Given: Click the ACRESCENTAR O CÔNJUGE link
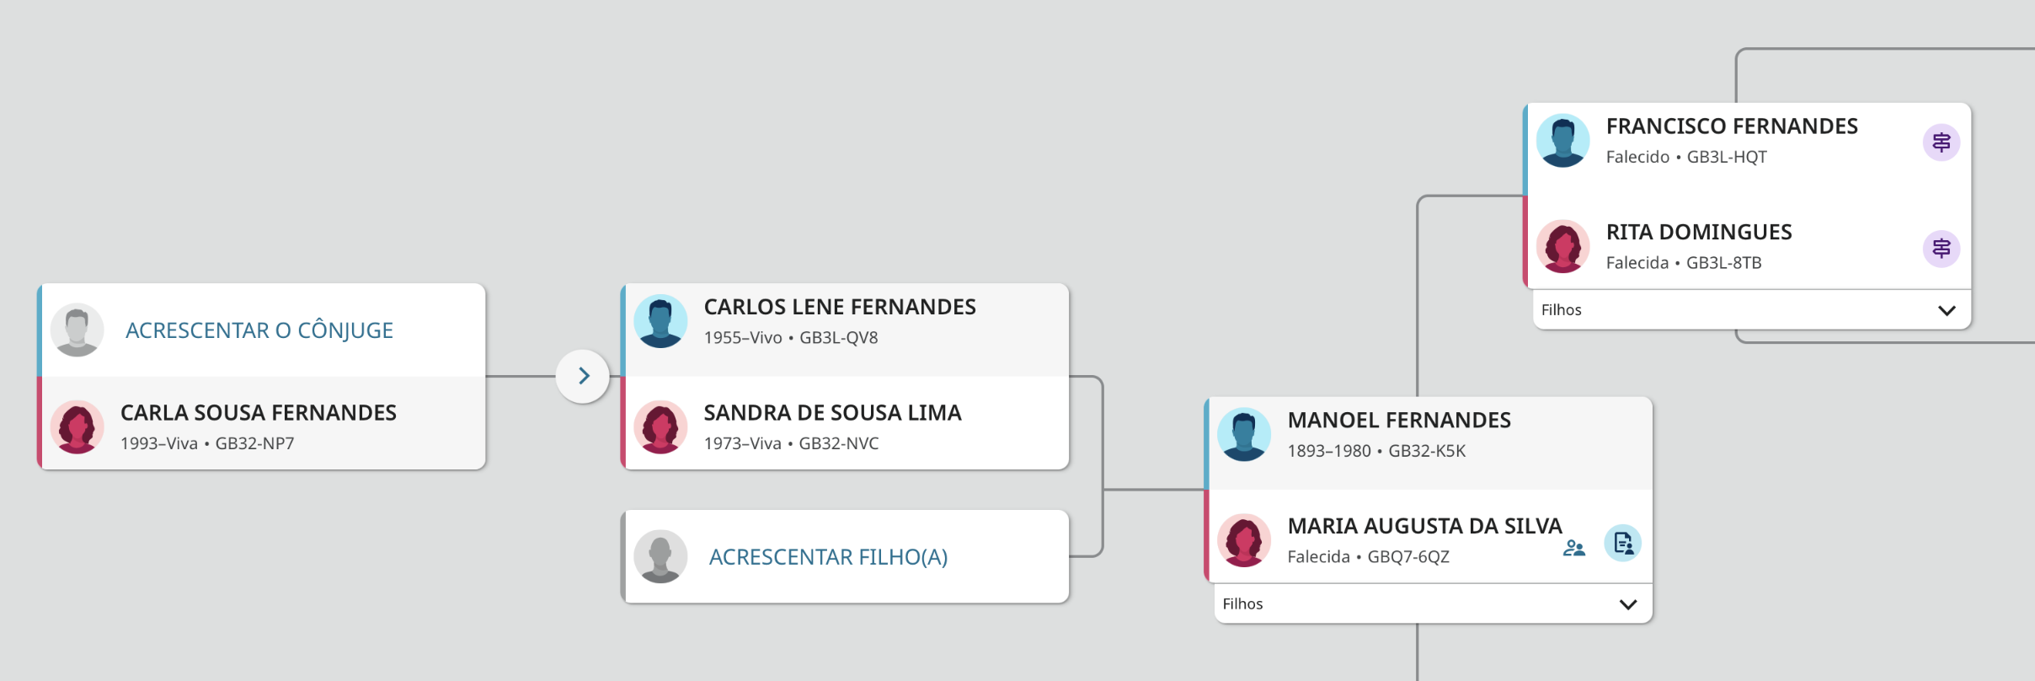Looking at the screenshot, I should click(x=259, y=330).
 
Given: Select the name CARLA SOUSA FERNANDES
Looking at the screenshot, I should click(x=258, y=413).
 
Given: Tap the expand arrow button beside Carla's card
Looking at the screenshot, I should click(x=583, y=376).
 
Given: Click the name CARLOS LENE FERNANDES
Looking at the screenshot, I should click(x=839, y=307).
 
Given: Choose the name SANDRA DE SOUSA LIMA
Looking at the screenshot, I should click(x=832, y=413).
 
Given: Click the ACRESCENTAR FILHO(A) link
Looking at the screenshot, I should click(x=828, y=557).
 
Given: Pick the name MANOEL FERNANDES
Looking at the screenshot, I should click(x=1398, y=421).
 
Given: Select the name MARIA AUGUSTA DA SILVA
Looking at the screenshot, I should click(x=1424, y=526).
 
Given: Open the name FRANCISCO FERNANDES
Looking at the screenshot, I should click(x=1731, y=126).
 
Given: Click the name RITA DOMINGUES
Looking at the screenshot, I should click(x=1698, y=233).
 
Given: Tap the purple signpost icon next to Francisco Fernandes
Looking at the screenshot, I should click(x=1941, y=142).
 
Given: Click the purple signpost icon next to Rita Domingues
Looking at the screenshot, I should click(x=1941, y=249).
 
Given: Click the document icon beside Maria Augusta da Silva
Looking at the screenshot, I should click(x=1622, y=544).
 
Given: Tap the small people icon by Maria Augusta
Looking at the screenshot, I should click(x=1573, y=549).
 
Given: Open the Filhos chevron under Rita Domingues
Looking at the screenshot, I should click(x=1946, y=310).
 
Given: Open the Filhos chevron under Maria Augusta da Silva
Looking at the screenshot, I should click(x=1627, y=604).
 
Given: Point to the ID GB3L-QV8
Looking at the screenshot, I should click(x=838, y=338).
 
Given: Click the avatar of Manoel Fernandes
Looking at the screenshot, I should click(x=1243, y=435).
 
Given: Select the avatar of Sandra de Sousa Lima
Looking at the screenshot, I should click(x=660, y=427).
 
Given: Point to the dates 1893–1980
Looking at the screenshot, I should click(x=1328, y=451).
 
